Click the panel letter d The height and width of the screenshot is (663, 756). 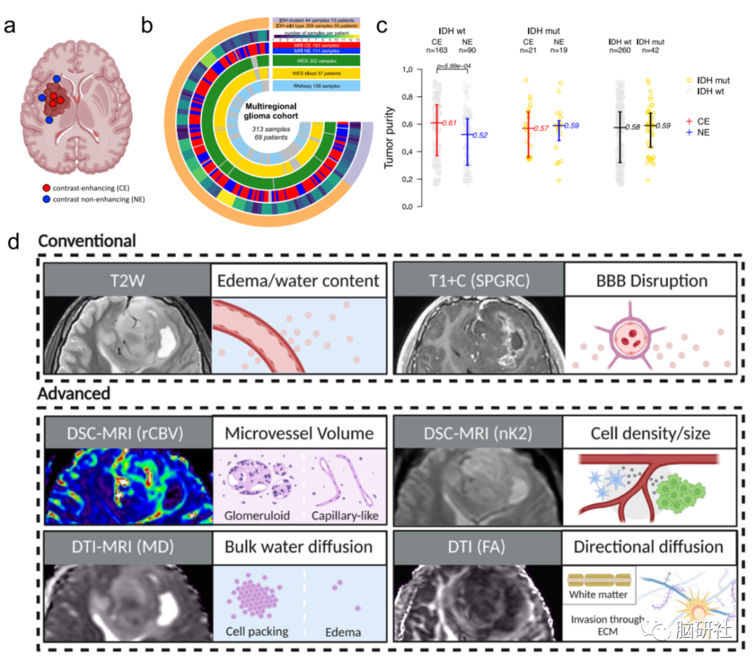13,242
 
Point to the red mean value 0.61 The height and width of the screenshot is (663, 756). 447,123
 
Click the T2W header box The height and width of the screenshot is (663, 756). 127,281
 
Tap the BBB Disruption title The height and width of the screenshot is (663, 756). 650,281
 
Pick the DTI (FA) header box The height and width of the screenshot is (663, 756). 477,547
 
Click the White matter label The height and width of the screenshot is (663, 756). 599,596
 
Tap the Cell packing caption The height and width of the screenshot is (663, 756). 257,631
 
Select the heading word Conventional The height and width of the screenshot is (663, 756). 87,242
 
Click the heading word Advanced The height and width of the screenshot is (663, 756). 75,393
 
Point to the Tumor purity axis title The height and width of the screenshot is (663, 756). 389,137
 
